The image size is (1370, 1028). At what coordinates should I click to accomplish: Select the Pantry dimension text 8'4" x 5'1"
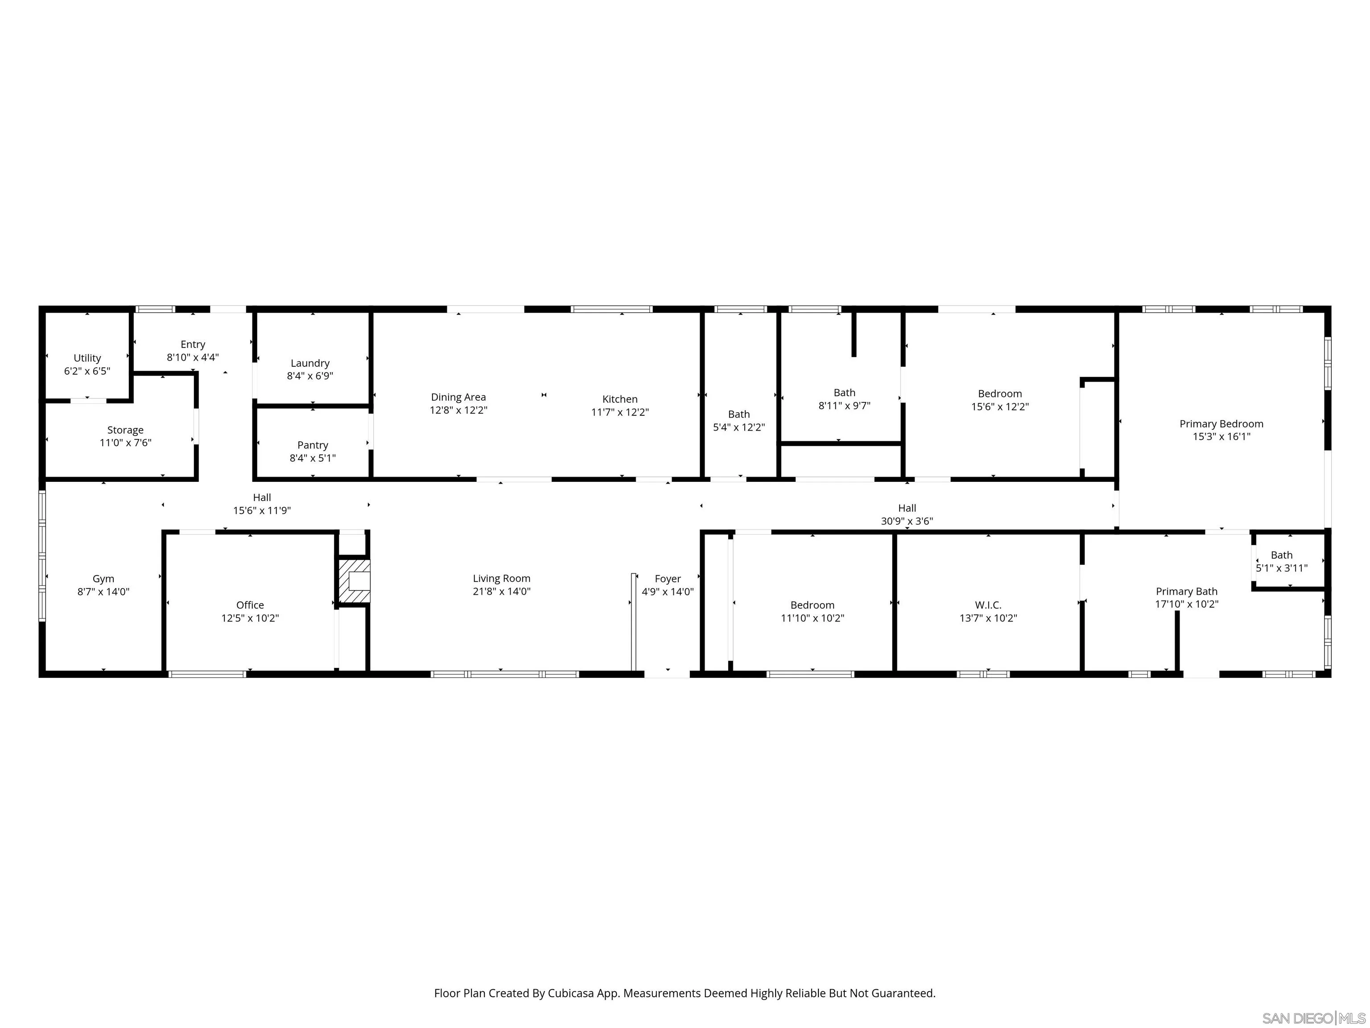312,458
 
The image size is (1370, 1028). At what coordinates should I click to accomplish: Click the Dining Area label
458,397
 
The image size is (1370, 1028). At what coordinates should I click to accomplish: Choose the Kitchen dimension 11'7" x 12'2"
619,412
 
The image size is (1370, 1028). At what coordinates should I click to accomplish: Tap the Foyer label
667,579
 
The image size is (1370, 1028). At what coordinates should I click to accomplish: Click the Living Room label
501,578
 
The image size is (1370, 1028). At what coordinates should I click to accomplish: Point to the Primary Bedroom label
1221,424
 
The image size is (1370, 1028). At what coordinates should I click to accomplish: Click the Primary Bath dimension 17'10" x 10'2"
1186,604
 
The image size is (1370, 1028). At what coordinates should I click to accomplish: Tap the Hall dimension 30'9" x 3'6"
907,521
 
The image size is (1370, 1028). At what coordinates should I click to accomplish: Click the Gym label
103,579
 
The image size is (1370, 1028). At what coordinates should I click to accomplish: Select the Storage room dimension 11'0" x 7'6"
125,443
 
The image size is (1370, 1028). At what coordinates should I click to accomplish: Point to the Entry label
193,344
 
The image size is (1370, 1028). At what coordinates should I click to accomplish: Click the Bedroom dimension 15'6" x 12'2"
1000,406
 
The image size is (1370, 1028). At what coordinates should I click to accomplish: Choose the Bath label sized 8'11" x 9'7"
844,393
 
